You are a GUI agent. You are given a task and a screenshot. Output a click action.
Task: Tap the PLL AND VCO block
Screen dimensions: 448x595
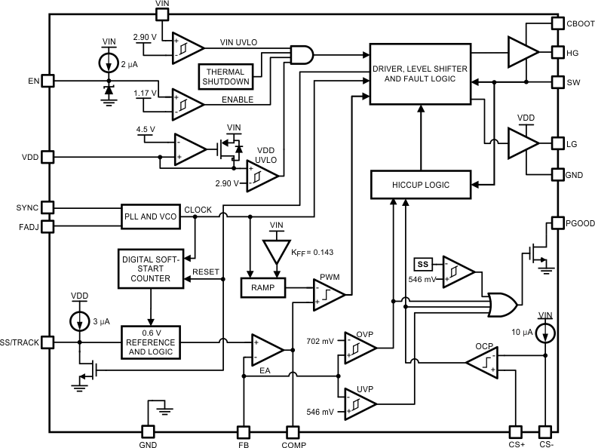point(151,216)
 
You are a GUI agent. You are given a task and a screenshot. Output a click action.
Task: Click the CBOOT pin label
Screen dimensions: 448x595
point(580,24)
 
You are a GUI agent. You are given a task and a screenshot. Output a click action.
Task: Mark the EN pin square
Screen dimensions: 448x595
point(48,79)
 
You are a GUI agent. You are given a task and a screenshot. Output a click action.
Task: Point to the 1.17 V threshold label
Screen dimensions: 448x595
point(145,94)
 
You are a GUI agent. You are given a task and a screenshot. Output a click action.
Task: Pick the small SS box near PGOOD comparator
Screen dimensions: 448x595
point(422,264)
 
